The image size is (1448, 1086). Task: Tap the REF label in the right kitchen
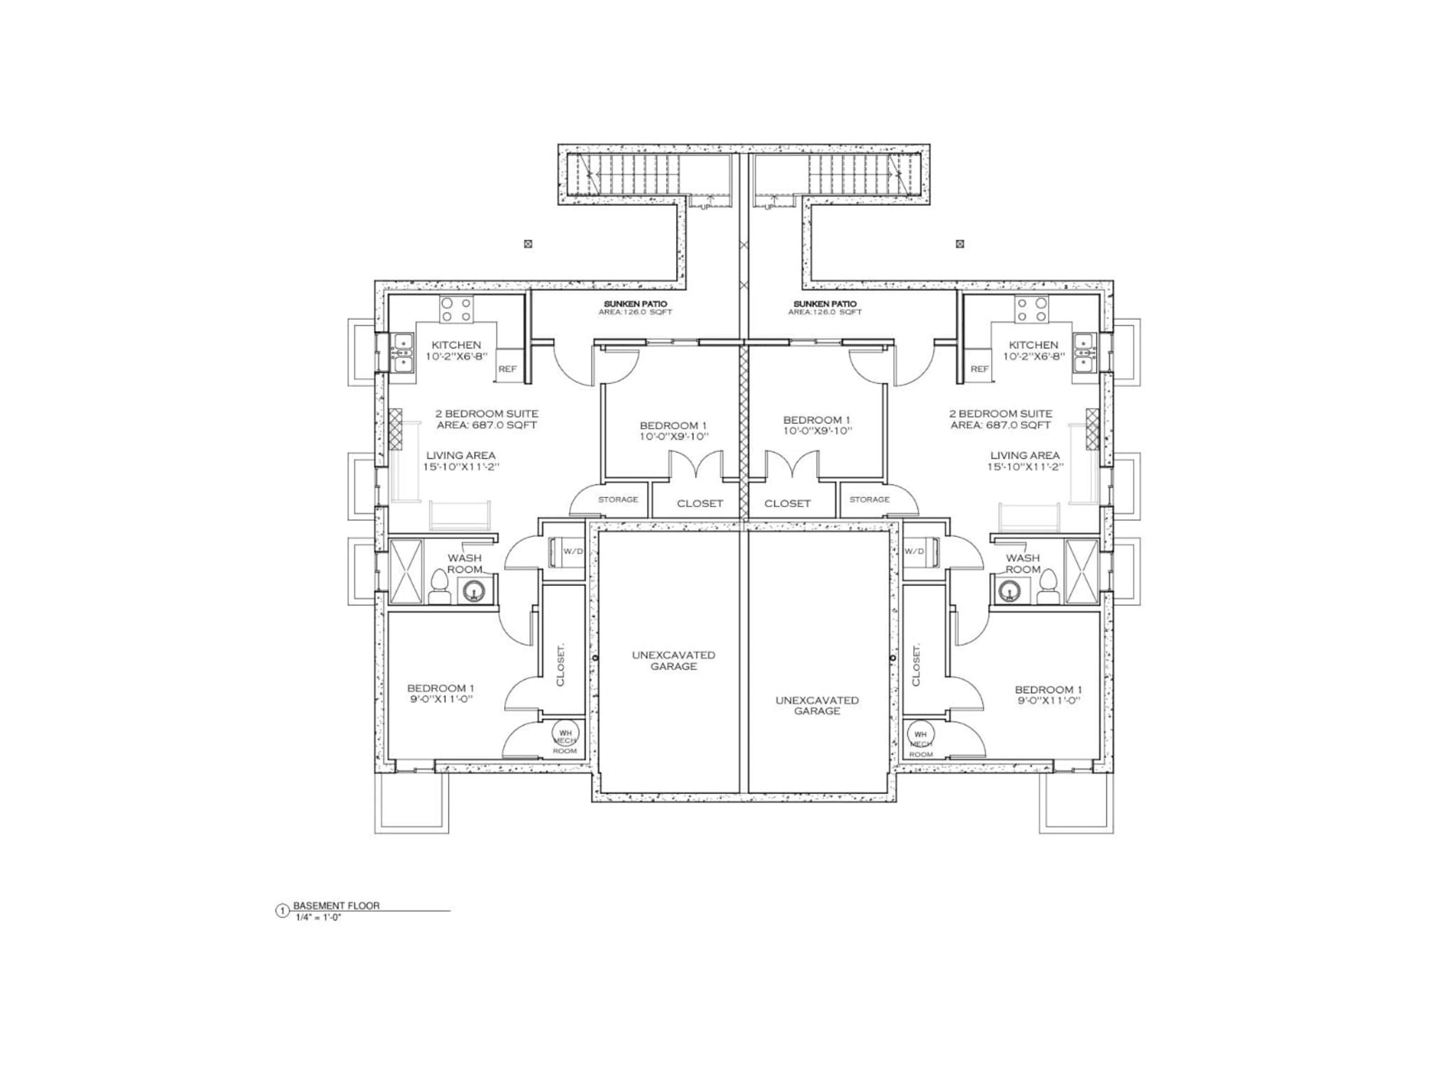979,369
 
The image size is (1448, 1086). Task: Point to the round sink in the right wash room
1011,591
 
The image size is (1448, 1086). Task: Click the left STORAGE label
617,500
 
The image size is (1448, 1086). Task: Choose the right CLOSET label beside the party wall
787,503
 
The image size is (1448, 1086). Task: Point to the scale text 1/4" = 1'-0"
319,917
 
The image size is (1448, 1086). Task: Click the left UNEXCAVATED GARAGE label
673,661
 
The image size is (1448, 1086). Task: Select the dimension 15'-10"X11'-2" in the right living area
1025,467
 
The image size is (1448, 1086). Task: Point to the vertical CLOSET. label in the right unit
916,665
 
